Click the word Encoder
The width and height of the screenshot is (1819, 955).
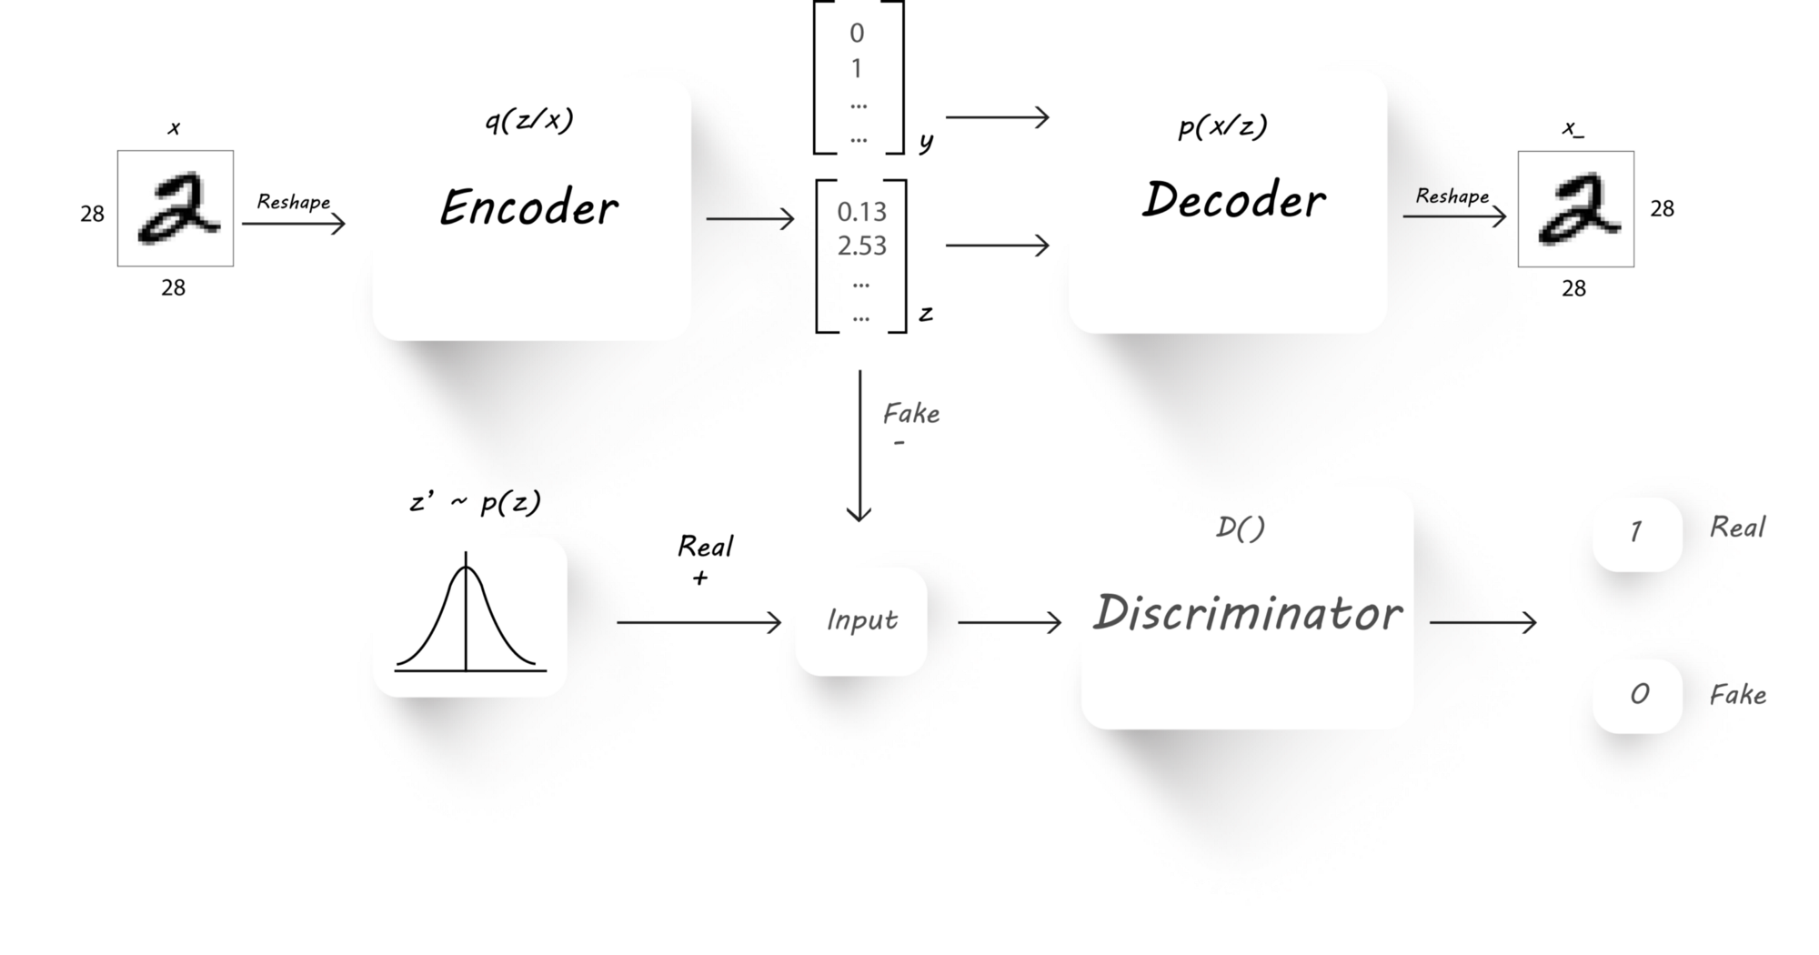tap(529, 207)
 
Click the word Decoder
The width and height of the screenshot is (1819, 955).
tap(1233, 200)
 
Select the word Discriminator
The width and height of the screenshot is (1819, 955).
tap(1247, 613)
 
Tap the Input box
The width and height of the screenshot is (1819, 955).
tap(861, 621)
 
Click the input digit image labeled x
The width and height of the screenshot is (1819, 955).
tap(176, 208)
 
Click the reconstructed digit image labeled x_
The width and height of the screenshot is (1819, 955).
tap(1575, 209)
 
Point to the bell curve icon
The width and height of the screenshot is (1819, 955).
tap(469, 618)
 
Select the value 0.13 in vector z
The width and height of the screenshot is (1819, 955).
tap(861, 212)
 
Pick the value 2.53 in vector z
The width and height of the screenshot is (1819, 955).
tap(861, 246)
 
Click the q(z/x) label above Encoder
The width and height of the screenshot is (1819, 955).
tap(529, 121)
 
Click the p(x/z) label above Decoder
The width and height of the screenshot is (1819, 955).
tap(1222, 127)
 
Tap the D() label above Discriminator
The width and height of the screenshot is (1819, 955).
tap(1240, 528)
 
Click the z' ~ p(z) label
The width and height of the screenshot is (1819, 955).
tap(475, 502)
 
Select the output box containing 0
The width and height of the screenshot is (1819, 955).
tap(1637, 696)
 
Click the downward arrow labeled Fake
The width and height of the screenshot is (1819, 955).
tap(859, 446)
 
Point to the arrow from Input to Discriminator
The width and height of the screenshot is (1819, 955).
tap(1010, 622)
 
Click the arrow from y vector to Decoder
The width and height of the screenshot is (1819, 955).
tap(998, 117)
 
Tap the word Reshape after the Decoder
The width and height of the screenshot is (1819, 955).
tap(1452, 196)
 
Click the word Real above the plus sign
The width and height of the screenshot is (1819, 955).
tap(705, 547)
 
